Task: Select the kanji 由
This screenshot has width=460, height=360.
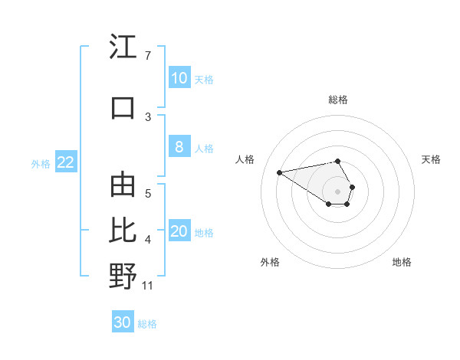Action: pos(123,186)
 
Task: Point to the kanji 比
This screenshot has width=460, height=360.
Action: pos(123,230)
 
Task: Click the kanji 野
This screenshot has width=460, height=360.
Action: pos(123,275)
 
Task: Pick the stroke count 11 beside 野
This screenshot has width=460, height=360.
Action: pos(148,286)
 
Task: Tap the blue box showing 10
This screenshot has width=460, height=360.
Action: pos(179,78)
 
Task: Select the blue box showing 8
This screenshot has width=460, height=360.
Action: pos(179,148)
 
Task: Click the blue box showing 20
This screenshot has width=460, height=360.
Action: pos(179,232)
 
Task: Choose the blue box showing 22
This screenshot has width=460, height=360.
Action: pos(65,162)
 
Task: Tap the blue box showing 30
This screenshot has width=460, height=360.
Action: pos(123,322)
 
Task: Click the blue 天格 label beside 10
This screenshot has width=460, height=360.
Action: pos(204,79)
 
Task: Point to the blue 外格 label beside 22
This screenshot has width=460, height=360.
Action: pos(41,163)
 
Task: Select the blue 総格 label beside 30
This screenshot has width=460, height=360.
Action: pos(147,323)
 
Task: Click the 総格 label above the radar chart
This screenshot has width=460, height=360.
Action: pos(338,100)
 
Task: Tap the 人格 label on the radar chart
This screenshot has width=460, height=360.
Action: pos(245,159)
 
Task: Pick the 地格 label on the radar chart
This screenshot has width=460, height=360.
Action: pos(402,262)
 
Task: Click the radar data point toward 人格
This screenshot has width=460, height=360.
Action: pos(280,172)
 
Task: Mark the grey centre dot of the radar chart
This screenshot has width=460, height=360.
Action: pos(338,191)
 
